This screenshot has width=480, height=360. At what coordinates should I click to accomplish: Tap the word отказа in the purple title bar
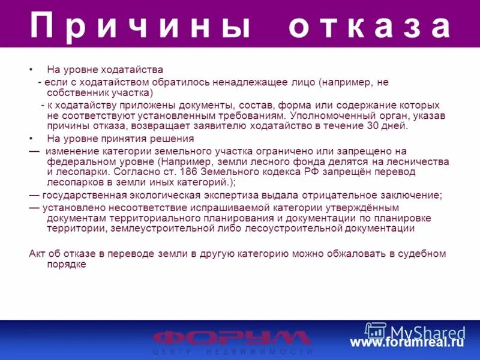coord(370,26)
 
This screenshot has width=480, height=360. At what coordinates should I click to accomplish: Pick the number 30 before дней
coord(372,126)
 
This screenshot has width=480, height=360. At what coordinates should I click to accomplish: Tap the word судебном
coord(422,254)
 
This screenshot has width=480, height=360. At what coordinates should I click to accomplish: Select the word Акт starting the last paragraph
coord(37,254)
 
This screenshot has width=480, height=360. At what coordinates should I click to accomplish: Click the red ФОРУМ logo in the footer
coord(232,338)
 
